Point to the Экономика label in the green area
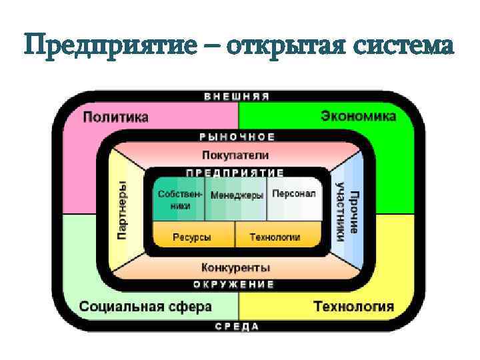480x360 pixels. (x=358, y=116)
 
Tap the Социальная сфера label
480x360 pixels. (x=145, y=307)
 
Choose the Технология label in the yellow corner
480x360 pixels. (x=353, y=307)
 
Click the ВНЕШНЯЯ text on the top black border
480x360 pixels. (x=237, y=96)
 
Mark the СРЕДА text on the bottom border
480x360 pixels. (x=237, y=327)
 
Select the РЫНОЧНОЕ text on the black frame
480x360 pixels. (x=237, y=137)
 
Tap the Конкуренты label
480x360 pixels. (x=235, y=267)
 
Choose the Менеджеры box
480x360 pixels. (x=236, y=196)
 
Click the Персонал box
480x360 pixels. (x=293, y=194)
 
